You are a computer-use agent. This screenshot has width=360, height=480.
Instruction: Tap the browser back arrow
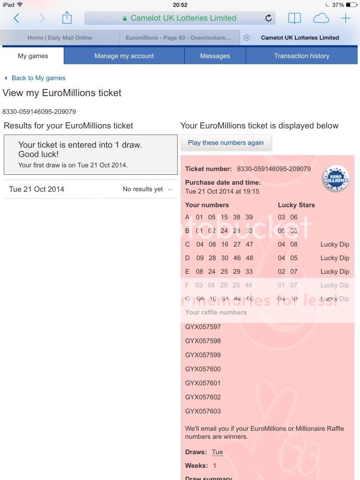point(17,18)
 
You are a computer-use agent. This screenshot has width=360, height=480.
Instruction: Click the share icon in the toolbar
point(67,18)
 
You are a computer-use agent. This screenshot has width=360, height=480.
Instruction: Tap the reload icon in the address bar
point(269,18)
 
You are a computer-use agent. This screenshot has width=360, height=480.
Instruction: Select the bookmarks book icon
point(294,18)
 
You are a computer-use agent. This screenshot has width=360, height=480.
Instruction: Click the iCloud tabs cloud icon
point(321,18)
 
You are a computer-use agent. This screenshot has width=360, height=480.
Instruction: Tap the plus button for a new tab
point(345,18)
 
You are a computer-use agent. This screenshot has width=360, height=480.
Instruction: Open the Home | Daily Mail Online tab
point(60,37)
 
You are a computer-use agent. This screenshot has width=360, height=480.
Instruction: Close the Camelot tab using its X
point(247,37)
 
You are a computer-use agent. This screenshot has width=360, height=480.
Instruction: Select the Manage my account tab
point(124,56)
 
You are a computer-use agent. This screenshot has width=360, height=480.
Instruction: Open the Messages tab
point(215,56)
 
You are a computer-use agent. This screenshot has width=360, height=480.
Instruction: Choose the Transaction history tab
point(301,56)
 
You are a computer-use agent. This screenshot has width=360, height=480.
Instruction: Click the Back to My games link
point(38,78)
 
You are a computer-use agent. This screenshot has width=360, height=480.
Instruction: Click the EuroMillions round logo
point(336,179)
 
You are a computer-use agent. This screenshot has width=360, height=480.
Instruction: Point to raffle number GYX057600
point(203,369)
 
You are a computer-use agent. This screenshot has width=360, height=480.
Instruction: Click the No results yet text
point(142,189)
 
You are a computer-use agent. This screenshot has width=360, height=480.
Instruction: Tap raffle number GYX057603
point(203,411)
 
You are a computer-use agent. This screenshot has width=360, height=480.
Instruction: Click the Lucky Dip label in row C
point(335,244)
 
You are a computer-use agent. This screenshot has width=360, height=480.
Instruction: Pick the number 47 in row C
point(249,244)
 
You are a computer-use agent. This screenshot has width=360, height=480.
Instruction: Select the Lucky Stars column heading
point(296,205)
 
